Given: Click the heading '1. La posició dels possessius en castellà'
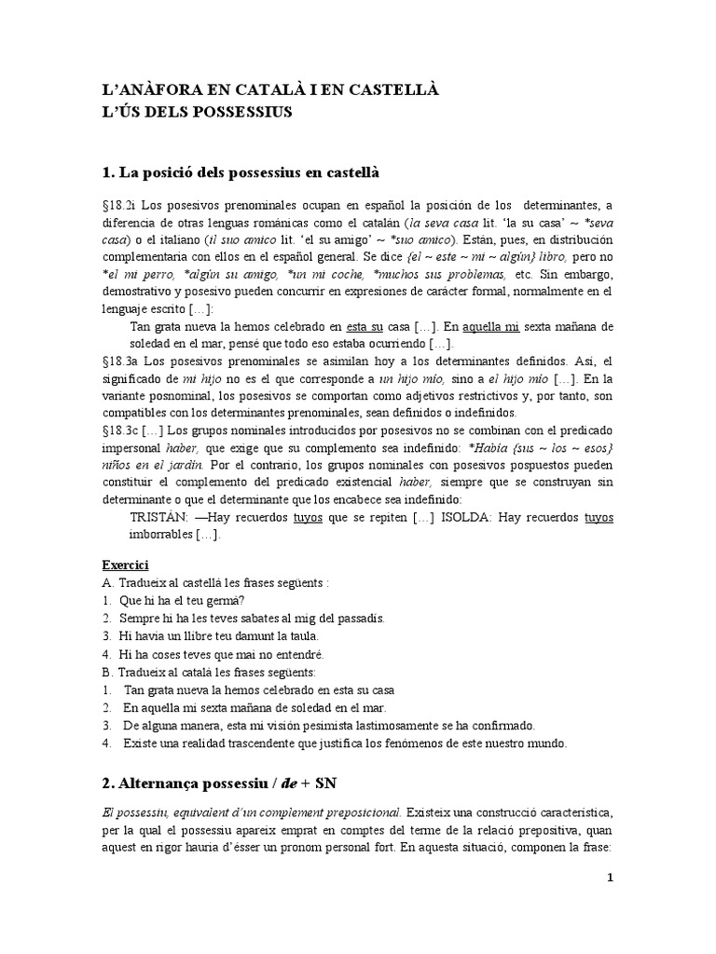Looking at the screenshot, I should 240,172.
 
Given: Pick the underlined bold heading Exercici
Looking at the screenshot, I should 125,566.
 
